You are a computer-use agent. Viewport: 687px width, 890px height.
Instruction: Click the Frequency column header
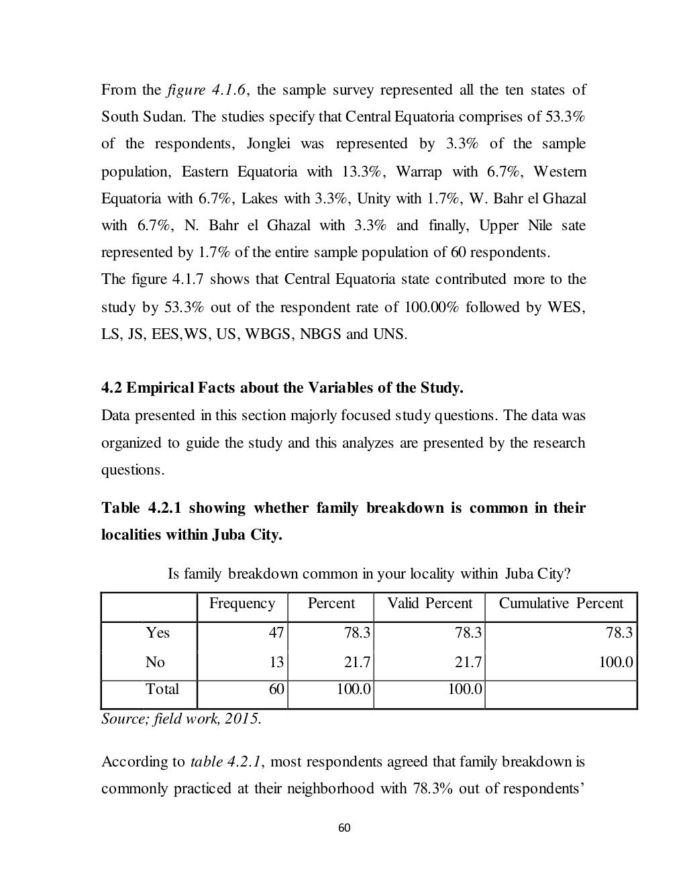[242, 603]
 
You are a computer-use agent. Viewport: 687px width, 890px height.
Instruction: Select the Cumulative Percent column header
[561, 603]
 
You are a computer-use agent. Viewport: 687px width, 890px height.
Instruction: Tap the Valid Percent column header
[429, 603]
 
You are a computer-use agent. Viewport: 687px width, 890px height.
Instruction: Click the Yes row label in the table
[158, 633]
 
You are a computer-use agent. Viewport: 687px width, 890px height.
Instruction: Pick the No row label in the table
[155, 662]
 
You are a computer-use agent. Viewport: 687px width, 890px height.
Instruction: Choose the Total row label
[162, 689]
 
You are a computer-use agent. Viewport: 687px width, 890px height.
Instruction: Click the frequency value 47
[276, 633]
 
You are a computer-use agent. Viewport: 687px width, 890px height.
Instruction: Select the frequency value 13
[276, 662]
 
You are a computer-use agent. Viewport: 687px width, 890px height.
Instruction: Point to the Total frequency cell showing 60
[276, 689]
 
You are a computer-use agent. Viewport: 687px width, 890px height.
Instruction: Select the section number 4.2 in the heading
[111, 389]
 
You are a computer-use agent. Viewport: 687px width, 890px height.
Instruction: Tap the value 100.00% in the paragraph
[429, 307]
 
